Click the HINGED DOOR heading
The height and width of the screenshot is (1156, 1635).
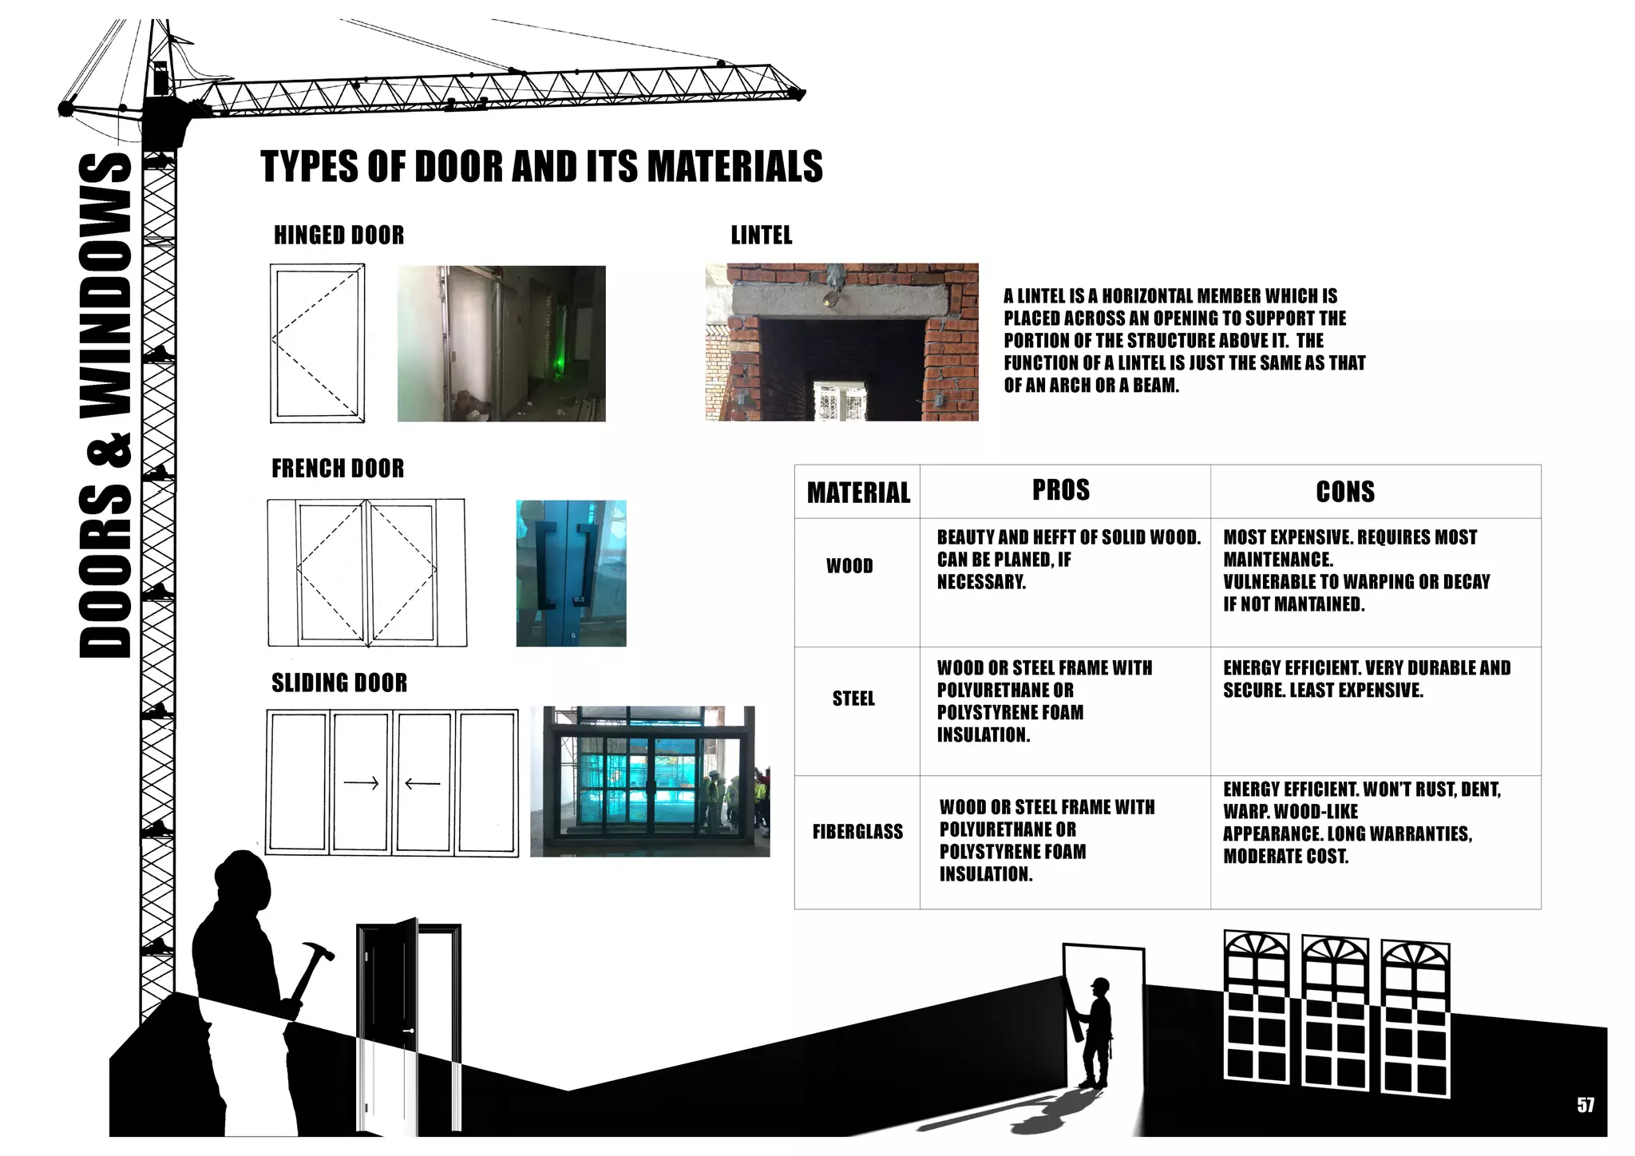[338, 236]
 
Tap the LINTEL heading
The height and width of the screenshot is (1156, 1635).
[762, 236]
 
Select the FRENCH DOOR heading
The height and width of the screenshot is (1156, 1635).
[338, 469]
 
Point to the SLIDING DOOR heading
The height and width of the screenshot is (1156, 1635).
[339, 683]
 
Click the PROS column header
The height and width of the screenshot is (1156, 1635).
[1061, 490]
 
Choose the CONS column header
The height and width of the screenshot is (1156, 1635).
[1345, 492]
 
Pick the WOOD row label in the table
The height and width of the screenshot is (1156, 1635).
[849, 566]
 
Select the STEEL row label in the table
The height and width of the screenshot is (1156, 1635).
[853, 699]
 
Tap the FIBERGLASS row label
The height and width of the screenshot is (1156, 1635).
[857, 832]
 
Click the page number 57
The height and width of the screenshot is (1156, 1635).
[1586, 1105]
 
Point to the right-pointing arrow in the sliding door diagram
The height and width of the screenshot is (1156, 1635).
[361, 783]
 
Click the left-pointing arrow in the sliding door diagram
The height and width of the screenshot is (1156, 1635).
[422, 783]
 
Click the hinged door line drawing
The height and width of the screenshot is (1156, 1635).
[318, 342]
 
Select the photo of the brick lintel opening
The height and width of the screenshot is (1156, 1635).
[841, 342]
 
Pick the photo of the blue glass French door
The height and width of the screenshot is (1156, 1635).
[571, 573]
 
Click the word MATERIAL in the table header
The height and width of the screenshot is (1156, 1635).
[858, 493]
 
